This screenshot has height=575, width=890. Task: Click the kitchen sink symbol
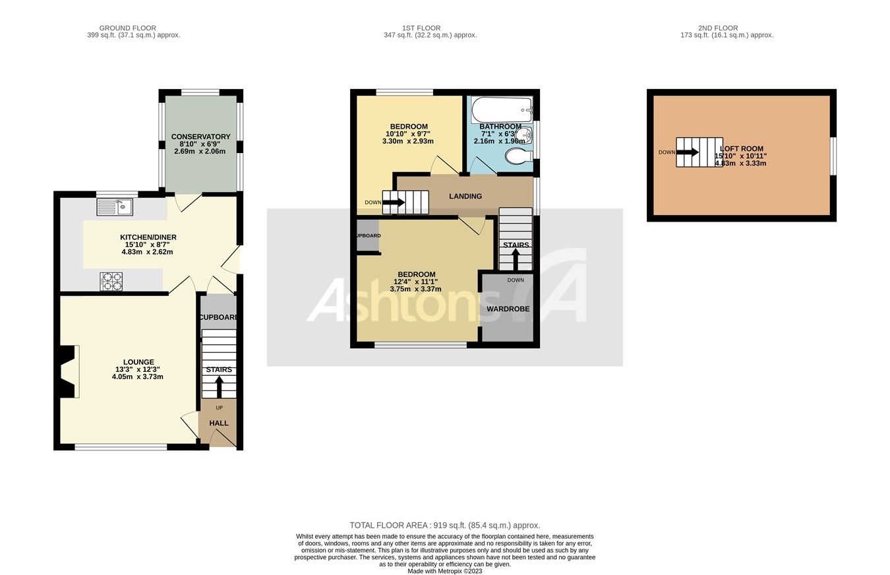115,207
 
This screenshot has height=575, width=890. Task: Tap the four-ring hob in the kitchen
111,282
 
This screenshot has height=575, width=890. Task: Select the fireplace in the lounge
67,372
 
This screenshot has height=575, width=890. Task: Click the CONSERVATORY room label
200,136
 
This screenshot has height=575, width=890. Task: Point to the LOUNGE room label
138,362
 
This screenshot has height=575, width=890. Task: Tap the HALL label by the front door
219,423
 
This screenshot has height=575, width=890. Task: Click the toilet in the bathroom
518,156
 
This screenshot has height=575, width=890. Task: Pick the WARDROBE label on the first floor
508,309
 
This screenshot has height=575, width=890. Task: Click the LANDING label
465,196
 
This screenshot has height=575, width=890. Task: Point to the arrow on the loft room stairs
687,152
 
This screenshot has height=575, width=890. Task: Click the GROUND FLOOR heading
128,28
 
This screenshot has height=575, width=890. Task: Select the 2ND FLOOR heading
718,28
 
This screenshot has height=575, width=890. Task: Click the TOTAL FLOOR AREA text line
444,526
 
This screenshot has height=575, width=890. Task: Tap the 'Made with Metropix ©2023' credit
444,571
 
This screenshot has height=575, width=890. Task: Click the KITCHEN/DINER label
148,237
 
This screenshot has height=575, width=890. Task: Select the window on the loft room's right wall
833,156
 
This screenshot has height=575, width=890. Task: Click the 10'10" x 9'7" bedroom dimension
409,134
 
